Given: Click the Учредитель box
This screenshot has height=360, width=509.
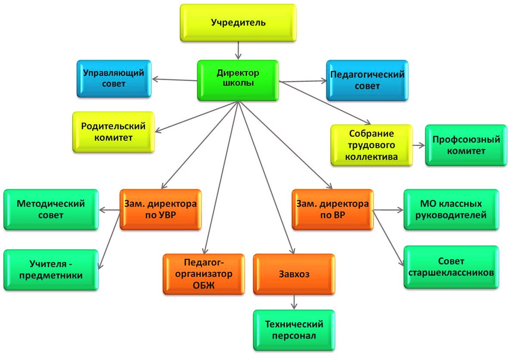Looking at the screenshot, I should [238, 22].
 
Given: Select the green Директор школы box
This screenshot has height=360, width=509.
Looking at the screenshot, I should [238, 81].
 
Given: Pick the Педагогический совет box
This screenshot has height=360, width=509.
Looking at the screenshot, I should [367, 81].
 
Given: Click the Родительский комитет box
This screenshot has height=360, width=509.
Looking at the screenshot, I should [113, 132].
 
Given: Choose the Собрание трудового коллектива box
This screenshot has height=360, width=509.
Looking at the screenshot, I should [371, 145].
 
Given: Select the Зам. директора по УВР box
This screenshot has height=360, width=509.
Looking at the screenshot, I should [160, 209].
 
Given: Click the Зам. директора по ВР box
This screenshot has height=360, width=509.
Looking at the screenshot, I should [333, 209].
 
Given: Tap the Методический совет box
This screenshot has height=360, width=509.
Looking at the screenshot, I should [51, 209].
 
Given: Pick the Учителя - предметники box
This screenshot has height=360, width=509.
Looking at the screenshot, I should [51, 269].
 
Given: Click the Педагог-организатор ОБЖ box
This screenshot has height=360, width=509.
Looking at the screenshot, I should [204, 274].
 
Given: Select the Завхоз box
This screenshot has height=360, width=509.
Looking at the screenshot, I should [294, 274].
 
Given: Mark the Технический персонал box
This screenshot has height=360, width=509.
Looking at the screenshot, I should [294, 330].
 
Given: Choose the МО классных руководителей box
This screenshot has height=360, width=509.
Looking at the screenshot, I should [451, 209].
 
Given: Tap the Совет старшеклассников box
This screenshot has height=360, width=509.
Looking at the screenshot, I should [451, 267].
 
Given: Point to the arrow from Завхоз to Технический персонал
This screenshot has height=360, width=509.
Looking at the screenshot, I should [294, 302].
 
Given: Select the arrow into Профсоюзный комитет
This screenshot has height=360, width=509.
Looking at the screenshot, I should [418, 145].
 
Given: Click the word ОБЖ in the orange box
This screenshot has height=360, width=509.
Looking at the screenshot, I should [204, 285].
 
